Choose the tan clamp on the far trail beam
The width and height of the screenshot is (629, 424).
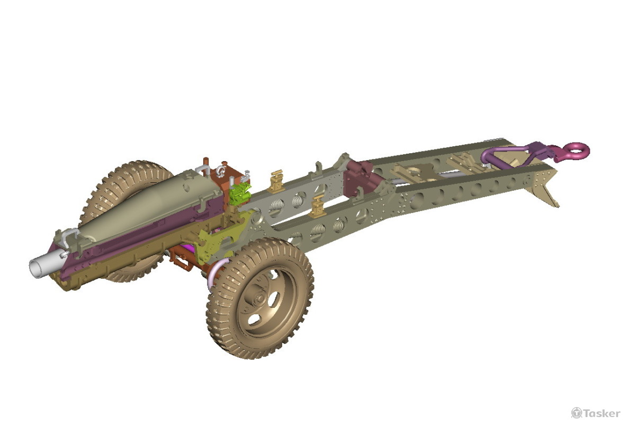click(x=276, y=181)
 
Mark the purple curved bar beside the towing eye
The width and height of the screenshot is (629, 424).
click(x=500, y=154)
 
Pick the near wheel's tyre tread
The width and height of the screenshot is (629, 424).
click(x=222, y=329)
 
